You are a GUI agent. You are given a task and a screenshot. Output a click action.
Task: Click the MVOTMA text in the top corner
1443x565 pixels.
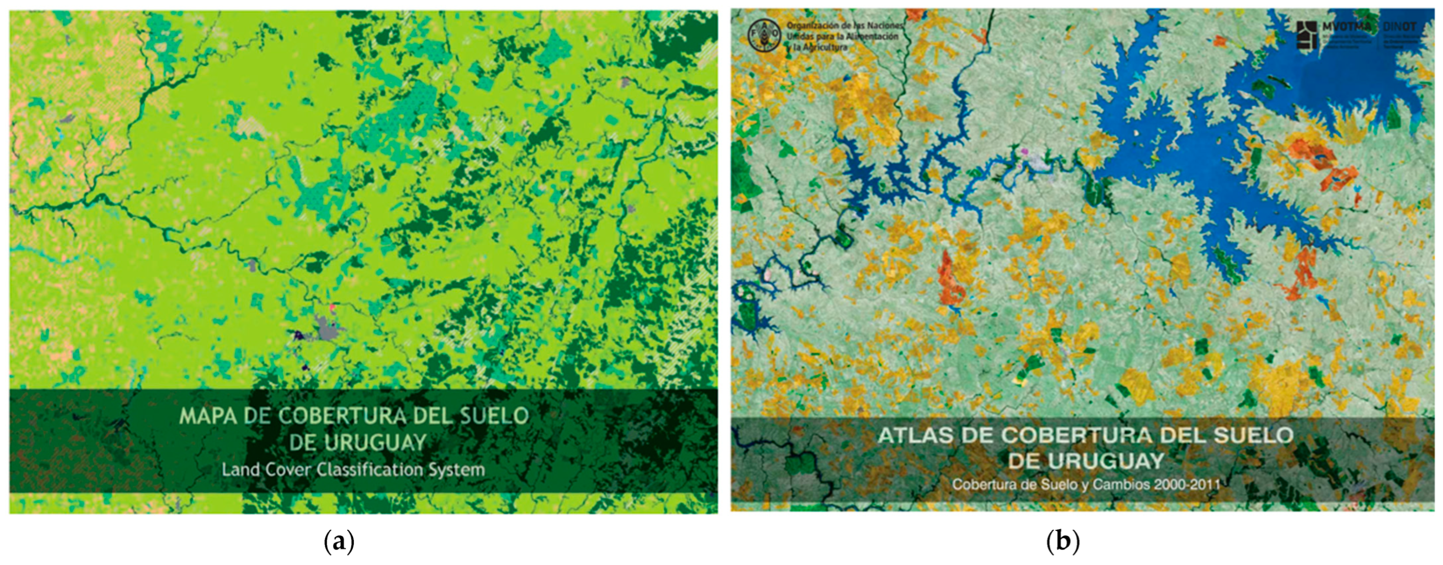[x=1346, y=27]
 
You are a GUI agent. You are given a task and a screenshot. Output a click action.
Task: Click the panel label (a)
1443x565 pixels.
[x=339, y=542]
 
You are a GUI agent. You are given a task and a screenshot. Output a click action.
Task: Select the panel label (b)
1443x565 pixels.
[x=1063, y=542]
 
